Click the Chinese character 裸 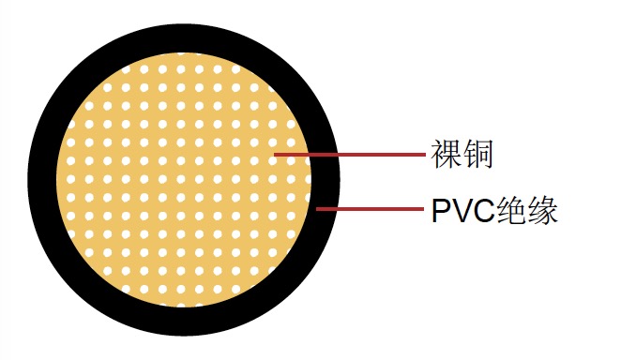coord(446,154)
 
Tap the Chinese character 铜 coord(477,154)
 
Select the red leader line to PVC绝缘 coord(370,209)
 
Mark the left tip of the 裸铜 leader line coord(274,154)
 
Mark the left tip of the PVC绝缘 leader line coord(317,209)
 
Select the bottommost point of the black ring coord(185,336)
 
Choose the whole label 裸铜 coord(462,154)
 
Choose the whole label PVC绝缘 coord(494,210)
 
